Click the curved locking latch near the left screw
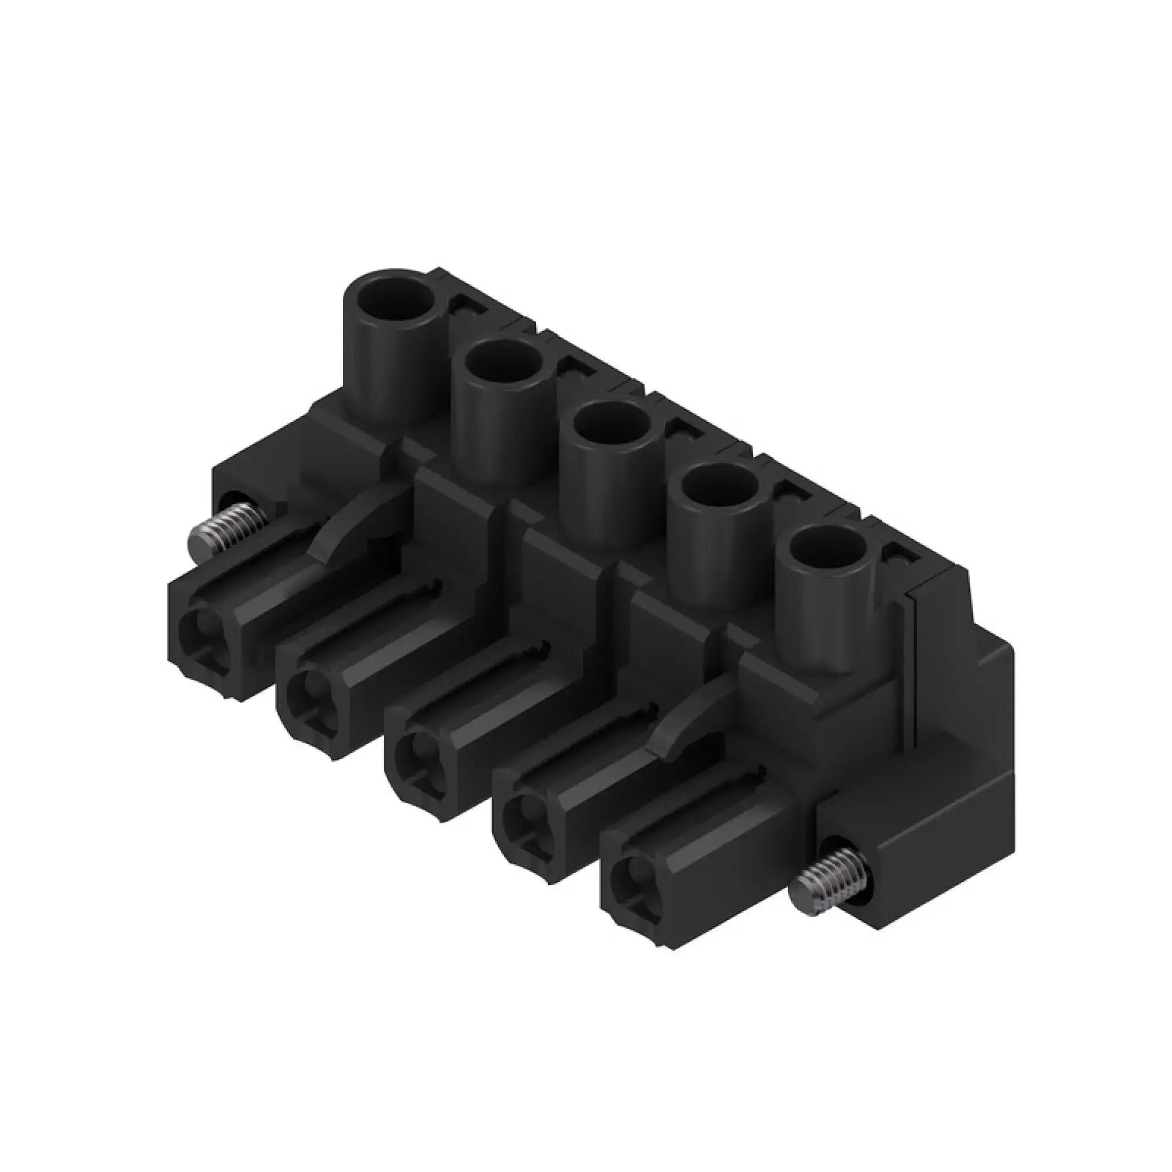tap(358, 519)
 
